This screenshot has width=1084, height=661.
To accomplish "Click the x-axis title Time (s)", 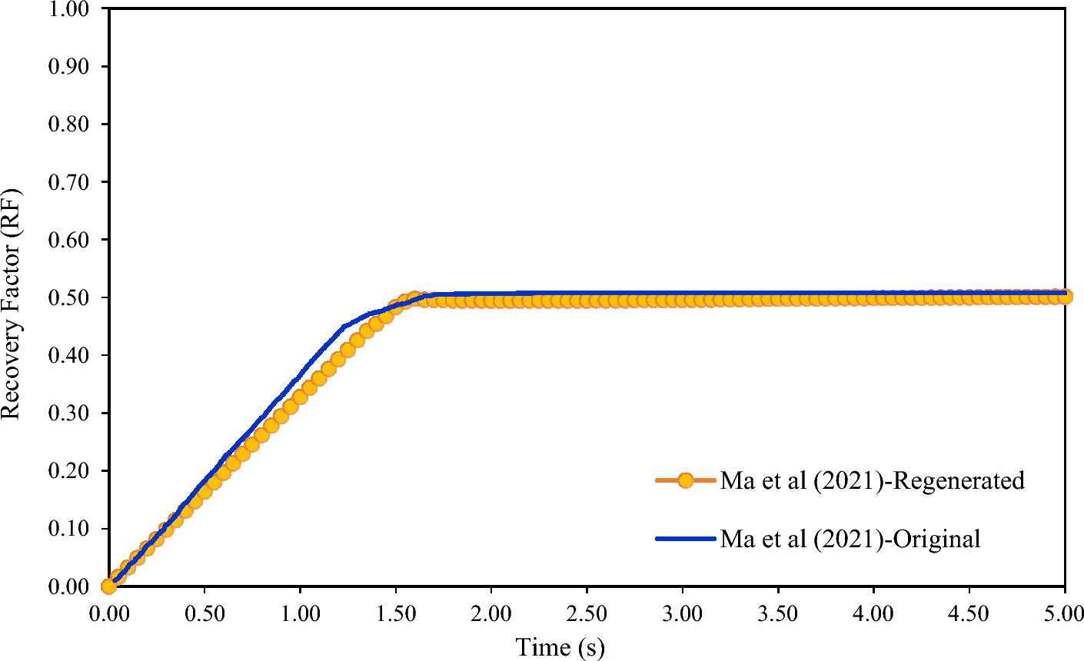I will point(560,647).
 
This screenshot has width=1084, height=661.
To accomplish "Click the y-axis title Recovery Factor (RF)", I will point(11,297).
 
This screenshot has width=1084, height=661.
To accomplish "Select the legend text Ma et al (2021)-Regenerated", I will point(872,481).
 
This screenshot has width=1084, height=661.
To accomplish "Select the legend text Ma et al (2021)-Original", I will point(850,539).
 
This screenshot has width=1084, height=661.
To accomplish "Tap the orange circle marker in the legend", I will point(686,481).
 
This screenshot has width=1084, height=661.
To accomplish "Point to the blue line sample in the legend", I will point(686,539).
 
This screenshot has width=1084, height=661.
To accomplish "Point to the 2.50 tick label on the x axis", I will point(587,615).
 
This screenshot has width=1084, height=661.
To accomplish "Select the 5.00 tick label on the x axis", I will point(1064,615).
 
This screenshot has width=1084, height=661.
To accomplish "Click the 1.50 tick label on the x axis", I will point(395,615).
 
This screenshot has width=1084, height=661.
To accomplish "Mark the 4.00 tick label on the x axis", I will point(873,615).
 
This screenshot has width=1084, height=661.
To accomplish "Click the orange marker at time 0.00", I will point(109,586).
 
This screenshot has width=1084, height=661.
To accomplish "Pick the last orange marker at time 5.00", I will point(1065,297).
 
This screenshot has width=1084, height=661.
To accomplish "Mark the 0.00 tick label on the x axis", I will point(109,615).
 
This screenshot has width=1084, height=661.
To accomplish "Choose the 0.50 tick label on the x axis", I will point(204,615).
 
